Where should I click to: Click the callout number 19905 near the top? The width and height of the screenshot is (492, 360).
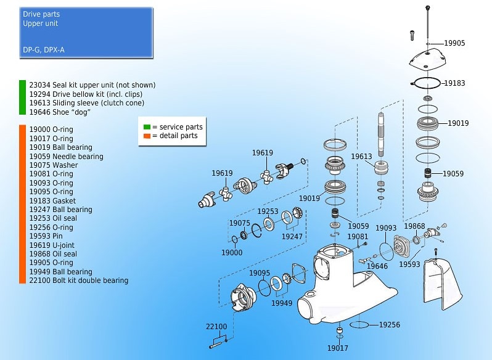click(454, 43)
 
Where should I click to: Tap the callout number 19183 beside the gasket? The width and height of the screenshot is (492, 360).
click(454, 82)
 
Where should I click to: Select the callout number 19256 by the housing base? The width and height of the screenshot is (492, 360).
click(389, 325)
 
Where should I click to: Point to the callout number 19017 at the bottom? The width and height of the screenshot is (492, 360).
click(338, 348)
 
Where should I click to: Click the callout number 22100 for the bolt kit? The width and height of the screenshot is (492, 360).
click(216, 327)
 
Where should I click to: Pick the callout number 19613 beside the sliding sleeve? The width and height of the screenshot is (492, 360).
click(362, 157)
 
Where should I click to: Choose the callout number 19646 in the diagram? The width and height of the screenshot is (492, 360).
click(377, 266)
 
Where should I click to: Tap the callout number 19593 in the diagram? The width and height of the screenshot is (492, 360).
click(409, 264)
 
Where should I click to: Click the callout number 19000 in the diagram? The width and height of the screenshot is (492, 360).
click(232, 253)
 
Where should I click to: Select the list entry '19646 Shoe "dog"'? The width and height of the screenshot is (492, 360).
click(60, 112)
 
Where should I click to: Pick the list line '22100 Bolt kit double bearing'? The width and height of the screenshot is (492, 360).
click(78, 280)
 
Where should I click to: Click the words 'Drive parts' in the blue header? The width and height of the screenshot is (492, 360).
click(41, 14)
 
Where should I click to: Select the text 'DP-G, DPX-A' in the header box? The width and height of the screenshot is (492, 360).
click(44, 49)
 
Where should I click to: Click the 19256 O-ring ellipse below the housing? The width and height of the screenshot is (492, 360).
click(359, 324)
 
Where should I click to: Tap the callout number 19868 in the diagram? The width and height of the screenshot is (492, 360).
click(415, 226)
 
